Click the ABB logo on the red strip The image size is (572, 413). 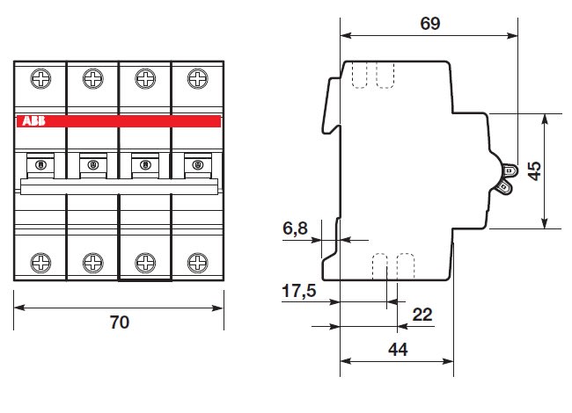[33, 121]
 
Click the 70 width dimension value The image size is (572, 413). [120, 322]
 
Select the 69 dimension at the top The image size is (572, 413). [430, 24]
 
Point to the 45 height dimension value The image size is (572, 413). [535, 171]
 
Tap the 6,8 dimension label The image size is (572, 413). [295, 228]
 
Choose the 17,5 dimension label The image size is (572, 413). [299, 291]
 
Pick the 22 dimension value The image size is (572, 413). [422, 315]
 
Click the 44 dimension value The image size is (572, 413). [398, 350]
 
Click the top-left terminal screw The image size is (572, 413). [40, 79]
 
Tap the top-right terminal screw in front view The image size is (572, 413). [198, 79]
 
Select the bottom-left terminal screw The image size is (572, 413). [40, 263]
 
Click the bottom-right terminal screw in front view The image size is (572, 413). [198, 263]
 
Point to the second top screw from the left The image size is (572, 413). [93, 79]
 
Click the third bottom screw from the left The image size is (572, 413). [145, 263]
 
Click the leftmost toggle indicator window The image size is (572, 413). [40, 165]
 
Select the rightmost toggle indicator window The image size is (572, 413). [198, 165]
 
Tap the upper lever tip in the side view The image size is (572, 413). [510, 170]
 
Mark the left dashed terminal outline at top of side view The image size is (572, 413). [359, 75]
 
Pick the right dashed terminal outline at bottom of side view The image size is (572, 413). [406, 266]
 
